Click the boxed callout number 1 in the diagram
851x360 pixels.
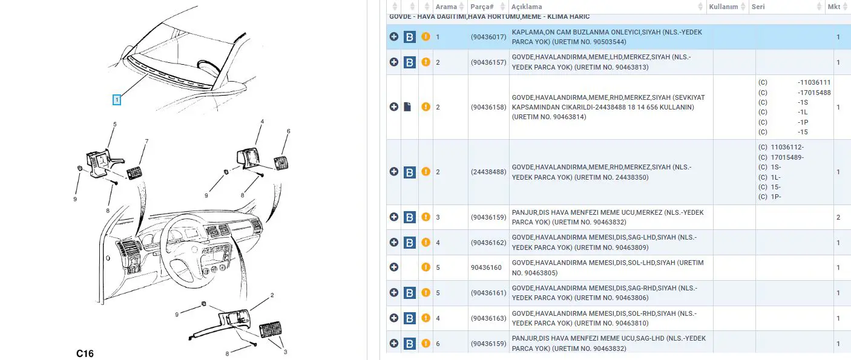pyautogui.click(x=117, y=100)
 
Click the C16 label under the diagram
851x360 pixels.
pyautogui.click(x=85, y=353)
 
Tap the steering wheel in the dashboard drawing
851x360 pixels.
pyautogui.click(x=189, y=250)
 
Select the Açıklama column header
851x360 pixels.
pyautogui.click(x=527, y=7)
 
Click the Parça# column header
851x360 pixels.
pyautogui.click(x=482, y=7)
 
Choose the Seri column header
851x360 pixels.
pyautogui.click(x=758, y=7)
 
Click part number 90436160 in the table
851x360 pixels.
pyautogui.click(x=486, y=267)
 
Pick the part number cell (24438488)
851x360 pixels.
pyautogui.click(x=488, y=172)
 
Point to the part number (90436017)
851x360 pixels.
pyautogui.click(x=488, y=37)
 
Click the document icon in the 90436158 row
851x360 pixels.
pyautogui.click(x=407, y=106)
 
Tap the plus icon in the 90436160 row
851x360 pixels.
pyautogui.click(x=394, y=267)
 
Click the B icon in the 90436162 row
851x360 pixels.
pyautogui.click(x=410, y=242)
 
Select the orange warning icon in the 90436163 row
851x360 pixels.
pyautogui.click(x=426, y=318)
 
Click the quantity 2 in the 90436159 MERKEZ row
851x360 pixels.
pyautogui.click(x=838, y=217)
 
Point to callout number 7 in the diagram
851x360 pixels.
pyautogui.click(x=146, y=141)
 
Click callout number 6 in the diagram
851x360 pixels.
pyautogui.click(x=288, y=131)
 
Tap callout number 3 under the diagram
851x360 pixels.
pyautogui.click(x=285, y=352)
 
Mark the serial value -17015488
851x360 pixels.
pyautogui.click(x=814, y=93)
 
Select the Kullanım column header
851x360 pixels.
pyautogui.click(x=723, y=7)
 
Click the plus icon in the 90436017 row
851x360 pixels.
pyautogui.click(x=394, y=36)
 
